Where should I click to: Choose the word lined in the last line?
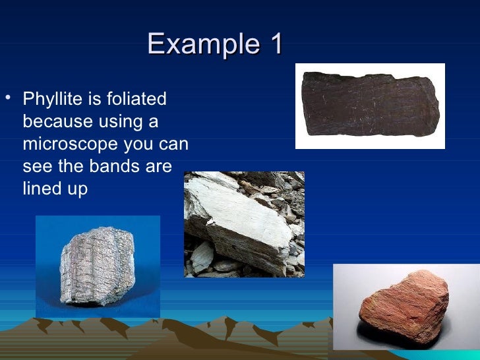42,189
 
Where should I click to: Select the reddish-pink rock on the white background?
404,309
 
